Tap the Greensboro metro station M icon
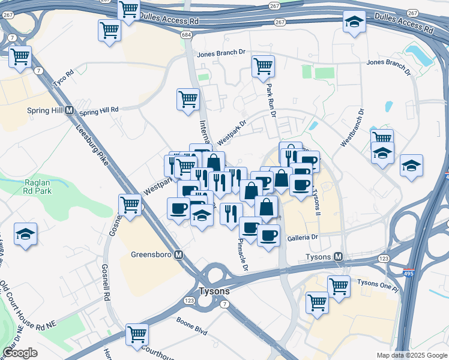(x=178, y=254)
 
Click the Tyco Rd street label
(x=62, y=78)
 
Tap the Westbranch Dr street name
(x=352, y=127)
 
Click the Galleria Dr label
(x=302, y=238)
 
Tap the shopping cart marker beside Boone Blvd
(x=137, y=333)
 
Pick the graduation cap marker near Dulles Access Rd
(x=354, y=22)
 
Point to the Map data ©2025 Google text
(x=411, y=355)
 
